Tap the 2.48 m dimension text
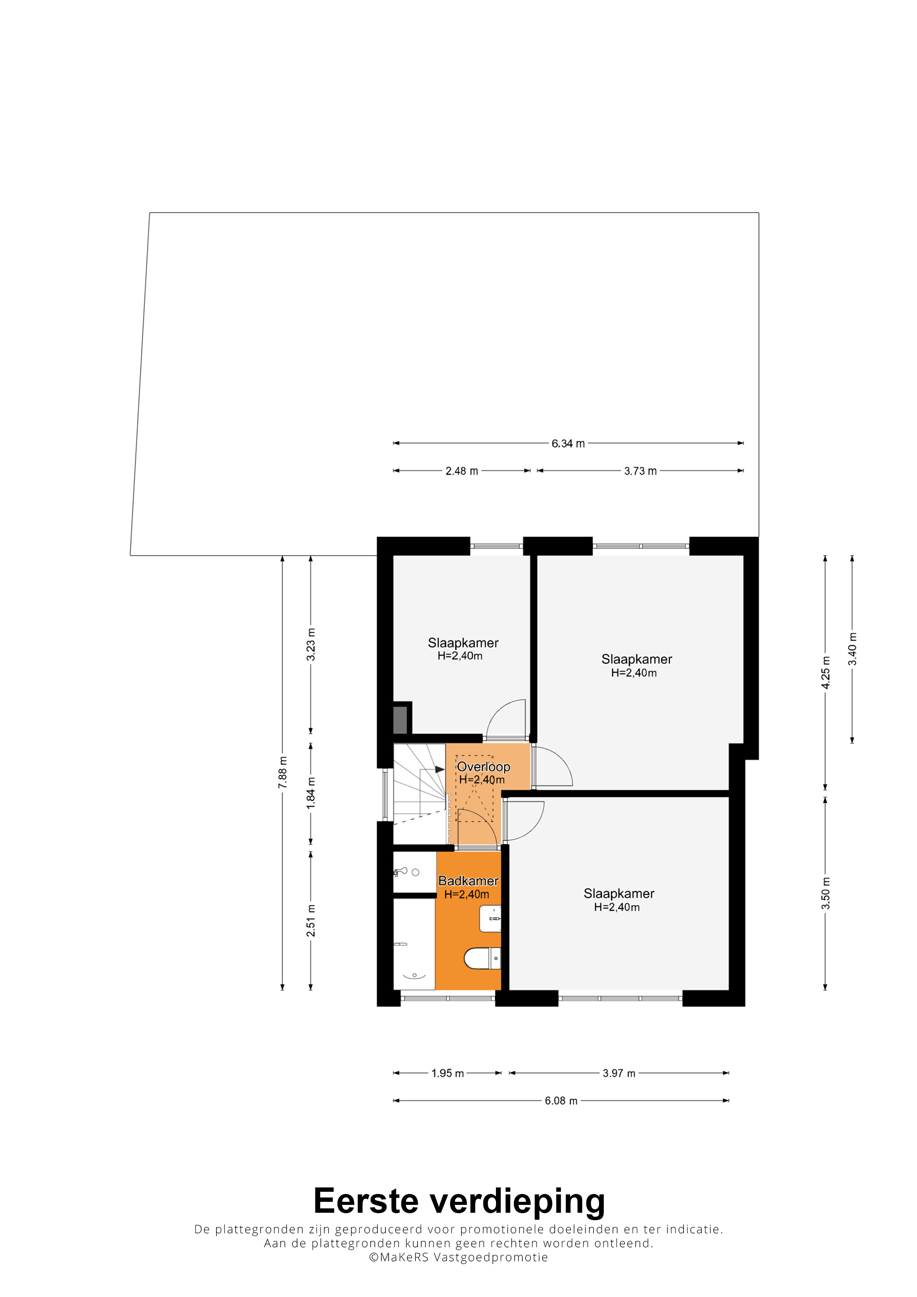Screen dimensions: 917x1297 (462, 471)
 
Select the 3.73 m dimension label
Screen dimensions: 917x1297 (640, 471)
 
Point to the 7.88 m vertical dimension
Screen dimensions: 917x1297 (283, 772)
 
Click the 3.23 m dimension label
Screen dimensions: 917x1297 (311, 644)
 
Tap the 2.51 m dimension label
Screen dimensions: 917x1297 (311, 920)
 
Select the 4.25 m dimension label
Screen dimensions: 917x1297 (825, 672)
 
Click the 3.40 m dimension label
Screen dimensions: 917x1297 (852, 649)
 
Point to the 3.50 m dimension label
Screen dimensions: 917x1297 (825, 894)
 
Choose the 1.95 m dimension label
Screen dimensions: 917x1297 (448, 1073)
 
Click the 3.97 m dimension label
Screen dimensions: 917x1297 (619, 1073)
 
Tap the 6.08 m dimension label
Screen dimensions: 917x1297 (561, 1101)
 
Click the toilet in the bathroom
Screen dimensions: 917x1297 (483, 958)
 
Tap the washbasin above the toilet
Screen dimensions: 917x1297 (490, 919)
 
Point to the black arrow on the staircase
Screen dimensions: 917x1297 (440, 769)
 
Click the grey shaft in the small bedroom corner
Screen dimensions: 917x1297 (400, 720)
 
